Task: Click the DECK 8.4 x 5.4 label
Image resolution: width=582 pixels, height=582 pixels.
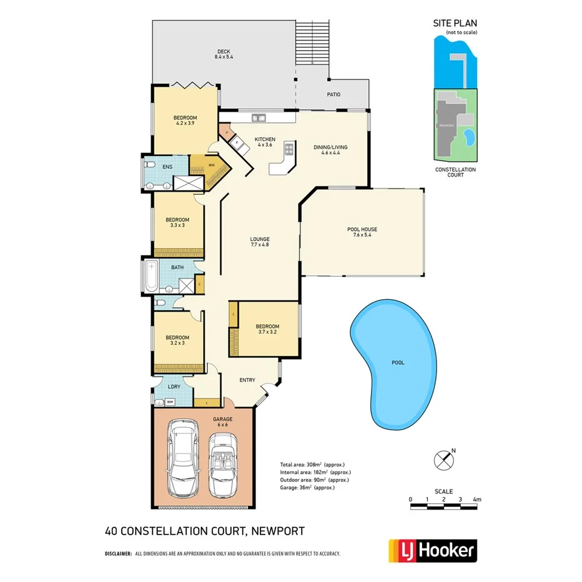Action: coord(224,54)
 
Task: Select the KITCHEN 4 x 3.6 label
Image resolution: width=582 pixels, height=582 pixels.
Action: coord(260,142)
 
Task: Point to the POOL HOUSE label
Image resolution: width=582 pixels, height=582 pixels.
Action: coord(362,232)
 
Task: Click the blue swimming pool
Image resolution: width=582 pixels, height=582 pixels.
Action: coord(393,363)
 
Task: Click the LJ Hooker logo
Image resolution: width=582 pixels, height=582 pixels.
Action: coord(432,551)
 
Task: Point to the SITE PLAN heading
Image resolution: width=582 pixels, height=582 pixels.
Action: coord(455,24)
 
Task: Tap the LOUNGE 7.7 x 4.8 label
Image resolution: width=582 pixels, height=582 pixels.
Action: coord(260,242)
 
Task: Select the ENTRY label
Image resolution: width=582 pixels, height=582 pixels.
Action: coord(247,380)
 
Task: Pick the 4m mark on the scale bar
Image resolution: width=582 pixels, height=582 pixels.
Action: coord(477,500)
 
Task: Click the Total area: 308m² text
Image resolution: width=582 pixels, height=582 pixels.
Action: coord(312,465)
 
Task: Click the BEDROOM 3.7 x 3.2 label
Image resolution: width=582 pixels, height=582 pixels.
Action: coord(267,329)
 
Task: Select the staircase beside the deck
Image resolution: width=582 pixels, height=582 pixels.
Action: coord(312,41)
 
